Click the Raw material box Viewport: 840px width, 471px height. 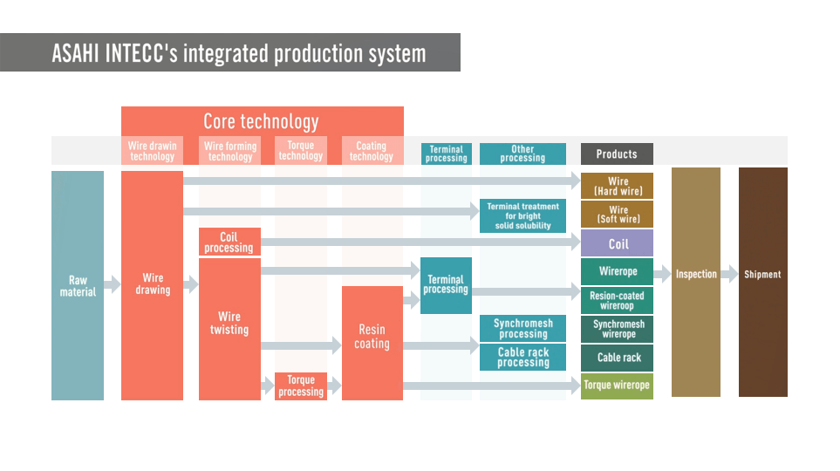(x=78, y=285)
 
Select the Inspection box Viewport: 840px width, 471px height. (x=696, y=275)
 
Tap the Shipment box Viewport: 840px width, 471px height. (x=762, y=275)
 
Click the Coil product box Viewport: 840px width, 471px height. (x=618, y=244)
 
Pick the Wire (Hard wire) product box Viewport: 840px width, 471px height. (x=618, y=186)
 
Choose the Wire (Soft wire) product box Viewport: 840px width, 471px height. (x=618, y=215)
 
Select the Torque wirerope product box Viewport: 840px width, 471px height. (x=617, y=386)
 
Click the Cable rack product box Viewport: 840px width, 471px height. (x=618, y=358)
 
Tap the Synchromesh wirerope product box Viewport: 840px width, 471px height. (x=618, y=329)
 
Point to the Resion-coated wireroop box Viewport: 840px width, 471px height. (x=617, y=300)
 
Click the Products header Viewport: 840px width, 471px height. (x=617, y=154)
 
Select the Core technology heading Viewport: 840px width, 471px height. (x=261, y=121)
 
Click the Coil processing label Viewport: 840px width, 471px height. (x=229, y=242)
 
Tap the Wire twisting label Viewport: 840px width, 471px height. (x=229, y=324)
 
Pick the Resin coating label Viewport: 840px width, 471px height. (x=372, y=337)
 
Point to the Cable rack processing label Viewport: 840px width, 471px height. (x=522, y=358)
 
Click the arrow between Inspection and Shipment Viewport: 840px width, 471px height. (x=729, y=275)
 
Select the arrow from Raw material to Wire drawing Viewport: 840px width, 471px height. (x=112, y=284)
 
